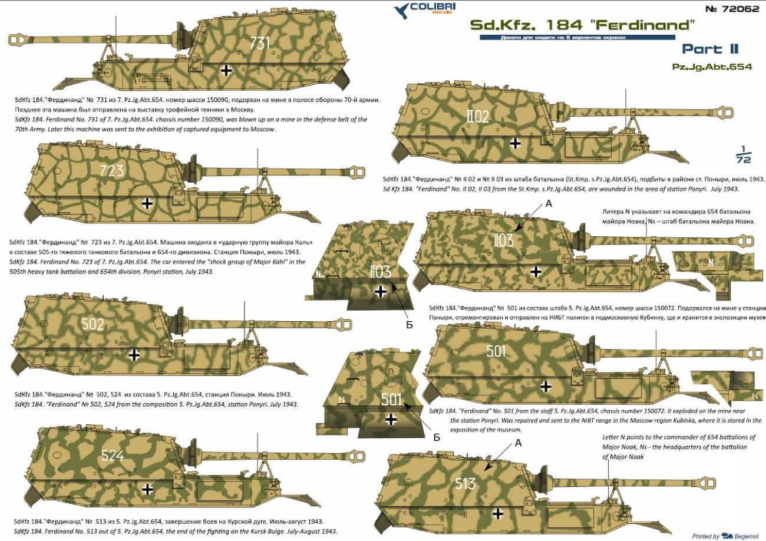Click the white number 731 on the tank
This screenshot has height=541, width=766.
[260, 43]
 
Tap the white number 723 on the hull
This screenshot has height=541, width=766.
[111, 170]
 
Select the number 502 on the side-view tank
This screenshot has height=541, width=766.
[93, 324]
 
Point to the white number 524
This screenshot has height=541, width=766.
[113, 455]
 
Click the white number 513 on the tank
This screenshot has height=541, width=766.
[465, 484]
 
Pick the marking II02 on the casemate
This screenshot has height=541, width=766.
[477, 117]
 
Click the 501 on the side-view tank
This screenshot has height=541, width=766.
[496, 351]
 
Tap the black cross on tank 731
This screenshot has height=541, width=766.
[226, 71]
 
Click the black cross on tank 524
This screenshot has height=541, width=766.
[147, 490]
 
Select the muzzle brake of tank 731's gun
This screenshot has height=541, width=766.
[15, 39]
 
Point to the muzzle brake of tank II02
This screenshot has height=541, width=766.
[724, 112]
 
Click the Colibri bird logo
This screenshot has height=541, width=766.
[401, 10]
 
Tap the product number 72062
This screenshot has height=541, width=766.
[732, 9]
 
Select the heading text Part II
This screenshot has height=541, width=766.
[711, 49]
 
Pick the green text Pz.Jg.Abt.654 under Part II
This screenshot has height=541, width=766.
[712, 67]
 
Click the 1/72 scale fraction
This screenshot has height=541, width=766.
[743, 154]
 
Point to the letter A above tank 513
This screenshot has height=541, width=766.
[518, 443]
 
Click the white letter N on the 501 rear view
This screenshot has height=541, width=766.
[341, 400]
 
